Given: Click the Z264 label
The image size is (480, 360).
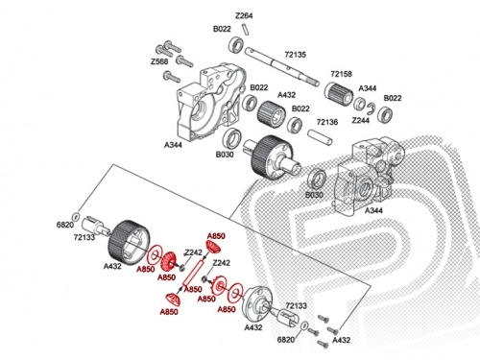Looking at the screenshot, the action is point(244,15).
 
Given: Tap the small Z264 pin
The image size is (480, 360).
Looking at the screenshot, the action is point(246,29).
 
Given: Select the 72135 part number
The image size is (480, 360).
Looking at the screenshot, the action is point(295,55).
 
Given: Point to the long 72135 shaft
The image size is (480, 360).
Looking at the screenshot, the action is point(282,66).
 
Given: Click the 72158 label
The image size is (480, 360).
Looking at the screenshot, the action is point(341,74).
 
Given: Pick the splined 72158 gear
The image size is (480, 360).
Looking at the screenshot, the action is point(339,92).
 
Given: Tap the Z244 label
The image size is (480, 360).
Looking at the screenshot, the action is point(361,120).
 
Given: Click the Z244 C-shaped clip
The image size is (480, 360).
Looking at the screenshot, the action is point(372,108).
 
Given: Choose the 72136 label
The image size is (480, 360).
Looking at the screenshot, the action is point(327,122).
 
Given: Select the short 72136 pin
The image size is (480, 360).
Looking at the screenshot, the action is point(320,136).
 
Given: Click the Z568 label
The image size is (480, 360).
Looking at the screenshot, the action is point(159,61).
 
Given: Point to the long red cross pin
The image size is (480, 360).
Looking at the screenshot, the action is point(193,273).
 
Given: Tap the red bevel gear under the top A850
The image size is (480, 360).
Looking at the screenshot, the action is point(213,247).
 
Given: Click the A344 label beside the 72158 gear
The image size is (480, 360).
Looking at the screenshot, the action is point(368,88).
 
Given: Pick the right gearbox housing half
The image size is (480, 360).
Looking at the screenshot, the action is point(369,173).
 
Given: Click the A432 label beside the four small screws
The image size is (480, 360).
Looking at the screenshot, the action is point(342,340).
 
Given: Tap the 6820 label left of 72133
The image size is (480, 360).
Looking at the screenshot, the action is point(65,225).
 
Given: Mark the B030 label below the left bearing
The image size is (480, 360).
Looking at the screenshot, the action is point(225,155).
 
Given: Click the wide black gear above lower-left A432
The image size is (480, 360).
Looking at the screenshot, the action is point(130,243).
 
